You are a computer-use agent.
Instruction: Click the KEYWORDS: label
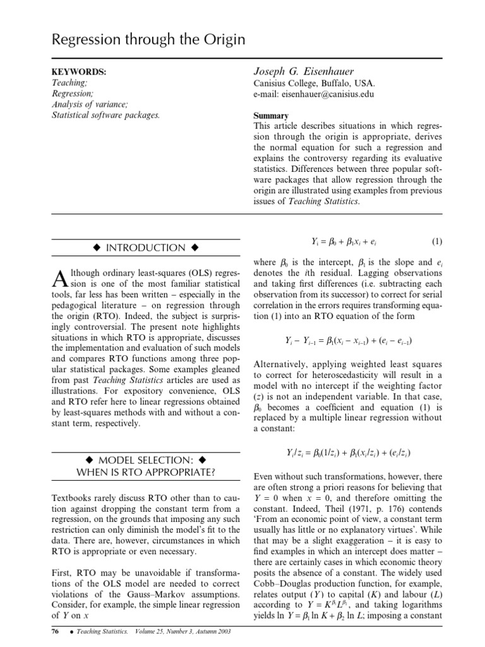coord(78,73)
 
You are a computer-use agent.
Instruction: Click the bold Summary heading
coord(271,116)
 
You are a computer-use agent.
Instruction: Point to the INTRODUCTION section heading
coord(145,248)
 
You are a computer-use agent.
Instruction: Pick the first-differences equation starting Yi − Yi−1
coord(349,340)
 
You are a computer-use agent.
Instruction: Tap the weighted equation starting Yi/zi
coord(349,452)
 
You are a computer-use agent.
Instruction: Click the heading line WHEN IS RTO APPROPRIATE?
coord(145,471)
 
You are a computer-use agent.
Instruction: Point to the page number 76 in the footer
coord(55,631)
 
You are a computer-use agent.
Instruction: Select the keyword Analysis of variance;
coord(89,105)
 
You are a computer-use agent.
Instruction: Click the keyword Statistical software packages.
coord(105,115)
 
